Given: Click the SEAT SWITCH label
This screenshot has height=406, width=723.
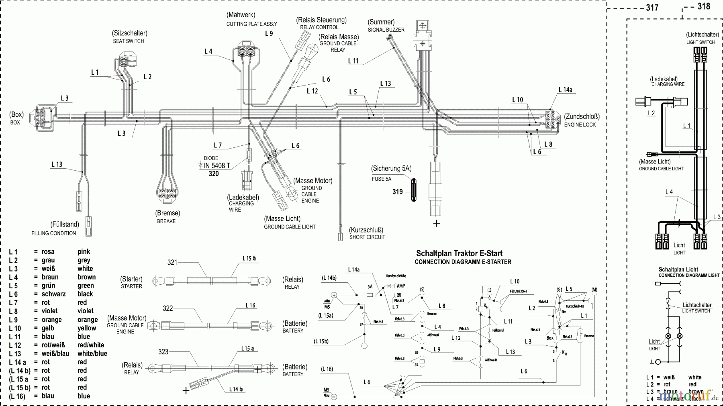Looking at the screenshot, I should click(x=128, y=41).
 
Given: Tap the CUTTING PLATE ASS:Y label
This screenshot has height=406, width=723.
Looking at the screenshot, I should click(x=251, y=24).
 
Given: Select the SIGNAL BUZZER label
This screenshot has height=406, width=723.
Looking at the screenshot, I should click(x=386, y=30).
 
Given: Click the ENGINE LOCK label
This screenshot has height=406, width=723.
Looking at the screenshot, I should click(x=580, y=125).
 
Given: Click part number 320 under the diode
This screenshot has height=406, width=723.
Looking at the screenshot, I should click(x=214, y=173).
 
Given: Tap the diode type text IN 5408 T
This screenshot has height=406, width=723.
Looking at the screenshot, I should click(x=217, y=165).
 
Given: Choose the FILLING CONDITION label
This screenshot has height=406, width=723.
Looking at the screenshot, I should click(x=53, y=233).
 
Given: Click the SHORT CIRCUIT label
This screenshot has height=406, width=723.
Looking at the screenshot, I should click(x=367, y=237).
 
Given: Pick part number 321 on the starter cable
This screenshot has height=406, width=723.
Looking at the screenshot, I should click(x=172, y=262).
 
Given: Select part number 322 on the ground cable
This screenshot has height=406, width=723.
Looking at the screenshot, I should click(x=168, y=308).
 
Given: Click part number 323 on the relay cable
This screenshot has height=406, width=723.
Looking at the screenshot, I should click(x=163, y=351).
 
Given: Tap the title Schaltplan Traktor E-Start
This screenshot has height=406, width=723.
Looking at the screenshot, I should click(x=459, y=253).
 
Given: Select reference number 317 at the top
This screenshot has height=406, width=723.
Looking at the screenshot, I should click(x=652, y=8).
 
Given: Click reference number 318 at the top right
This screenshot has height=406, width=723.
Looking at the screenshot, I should click(x=703, y=6).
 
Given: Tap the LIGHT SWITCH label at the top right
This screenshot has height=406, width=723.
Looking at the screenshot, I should click(x=700, y=42).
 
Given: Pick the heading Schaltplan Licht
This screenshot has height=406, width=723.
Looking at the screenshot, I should click(x=678, y=269).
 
